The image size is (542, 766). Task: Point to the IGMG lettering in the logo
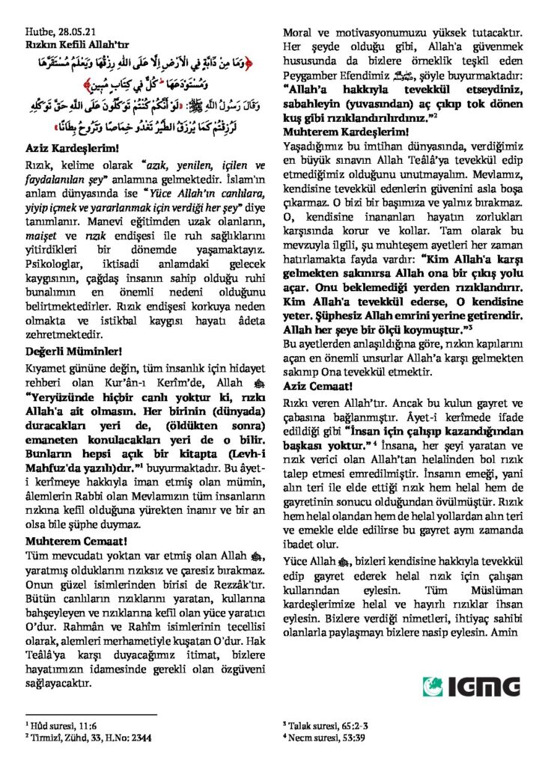483,686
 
